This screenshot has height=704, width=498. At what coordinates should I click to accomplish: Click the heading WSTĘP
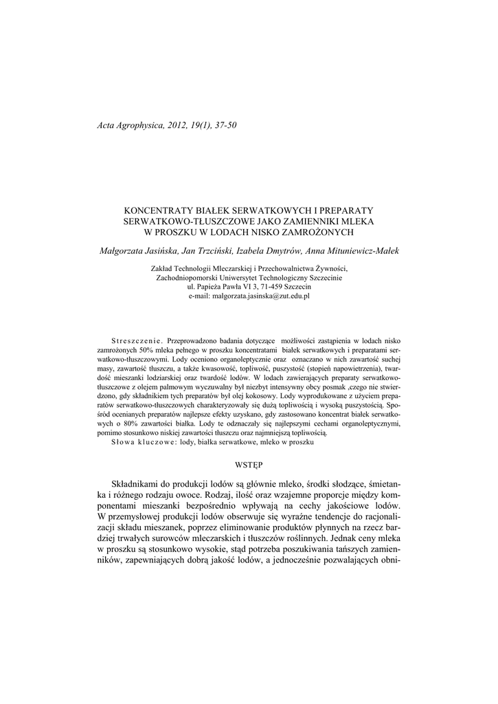pos(249,465)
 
